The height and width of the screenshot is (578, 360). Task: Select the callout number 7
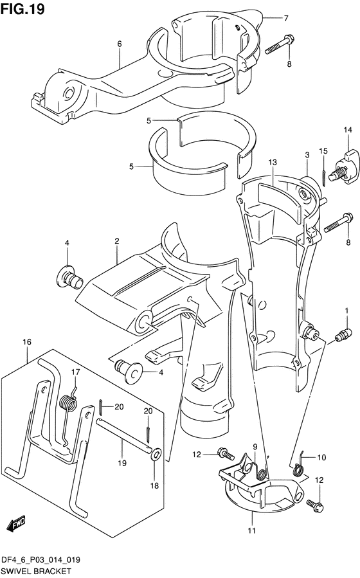[x=287, y=17]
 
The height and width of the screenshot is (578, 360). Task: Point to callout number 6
[x=120, y=44]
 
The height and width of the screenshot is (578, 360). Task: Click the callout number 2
[x=117, y=241]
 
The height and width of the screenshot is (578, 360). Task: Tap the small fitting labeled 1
[x=343, y=334]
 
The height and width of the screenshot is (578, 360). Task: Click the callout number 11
[x=251, y=530]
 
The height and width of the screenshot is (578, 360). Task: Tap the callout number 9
[x=255, y=447]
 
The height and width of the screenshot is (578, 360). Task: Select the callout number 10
[x=321, y=458]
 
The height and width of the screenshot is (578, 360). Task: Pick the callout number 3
[x=307, y=154]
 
